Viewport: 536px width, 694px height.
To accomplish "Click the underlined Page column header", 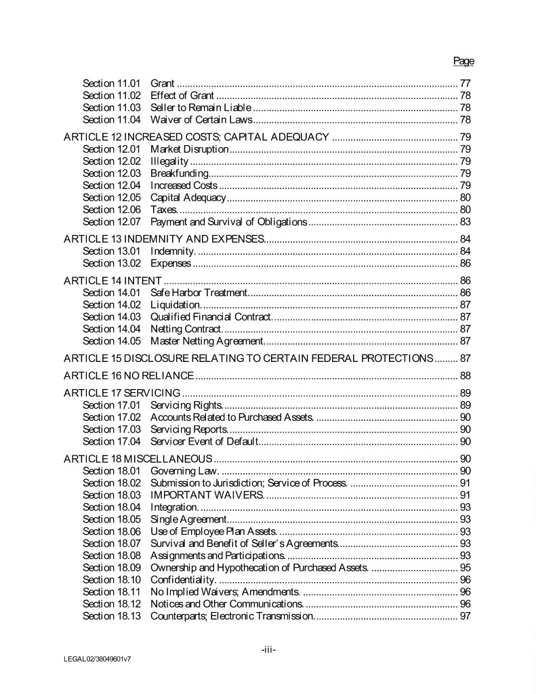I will (463, 61).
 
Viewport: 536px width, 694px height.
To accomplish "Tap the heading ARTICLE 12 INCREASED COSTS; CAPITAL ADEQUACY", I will (197, 138).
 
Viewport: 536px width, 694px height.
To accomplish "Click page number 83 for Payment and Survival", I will (466, 222).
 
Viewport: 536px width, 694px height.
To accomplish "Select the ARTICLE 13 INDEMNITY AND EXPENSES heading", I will (163, 239).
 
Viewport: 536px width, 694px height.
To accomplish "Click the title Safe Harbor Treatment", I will (197, 293).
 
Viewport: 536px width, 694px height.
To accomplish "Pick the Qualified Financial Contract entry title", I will (211, 317).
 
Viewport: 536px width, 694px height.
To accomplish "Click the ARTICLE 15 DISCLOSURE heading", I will (248, 358).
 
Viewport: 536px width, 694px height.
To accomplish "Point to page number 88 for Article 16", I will (466, 375).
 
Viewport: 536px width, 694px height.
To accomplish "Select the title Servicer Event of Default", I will (204, 442).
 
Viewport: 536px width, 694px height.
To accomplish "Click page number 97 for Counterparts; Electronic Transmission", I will (466, 616).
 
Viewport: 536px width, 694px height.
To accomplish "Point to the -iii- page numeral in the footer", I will (268, 650).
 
